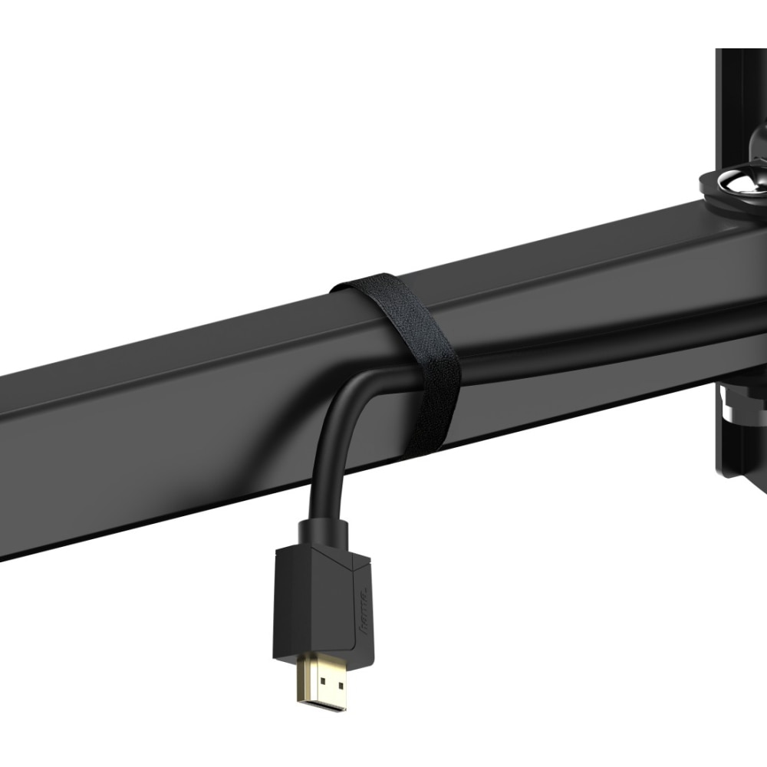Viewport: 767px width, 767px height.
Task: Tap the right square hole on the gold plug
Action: (334, 683)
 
